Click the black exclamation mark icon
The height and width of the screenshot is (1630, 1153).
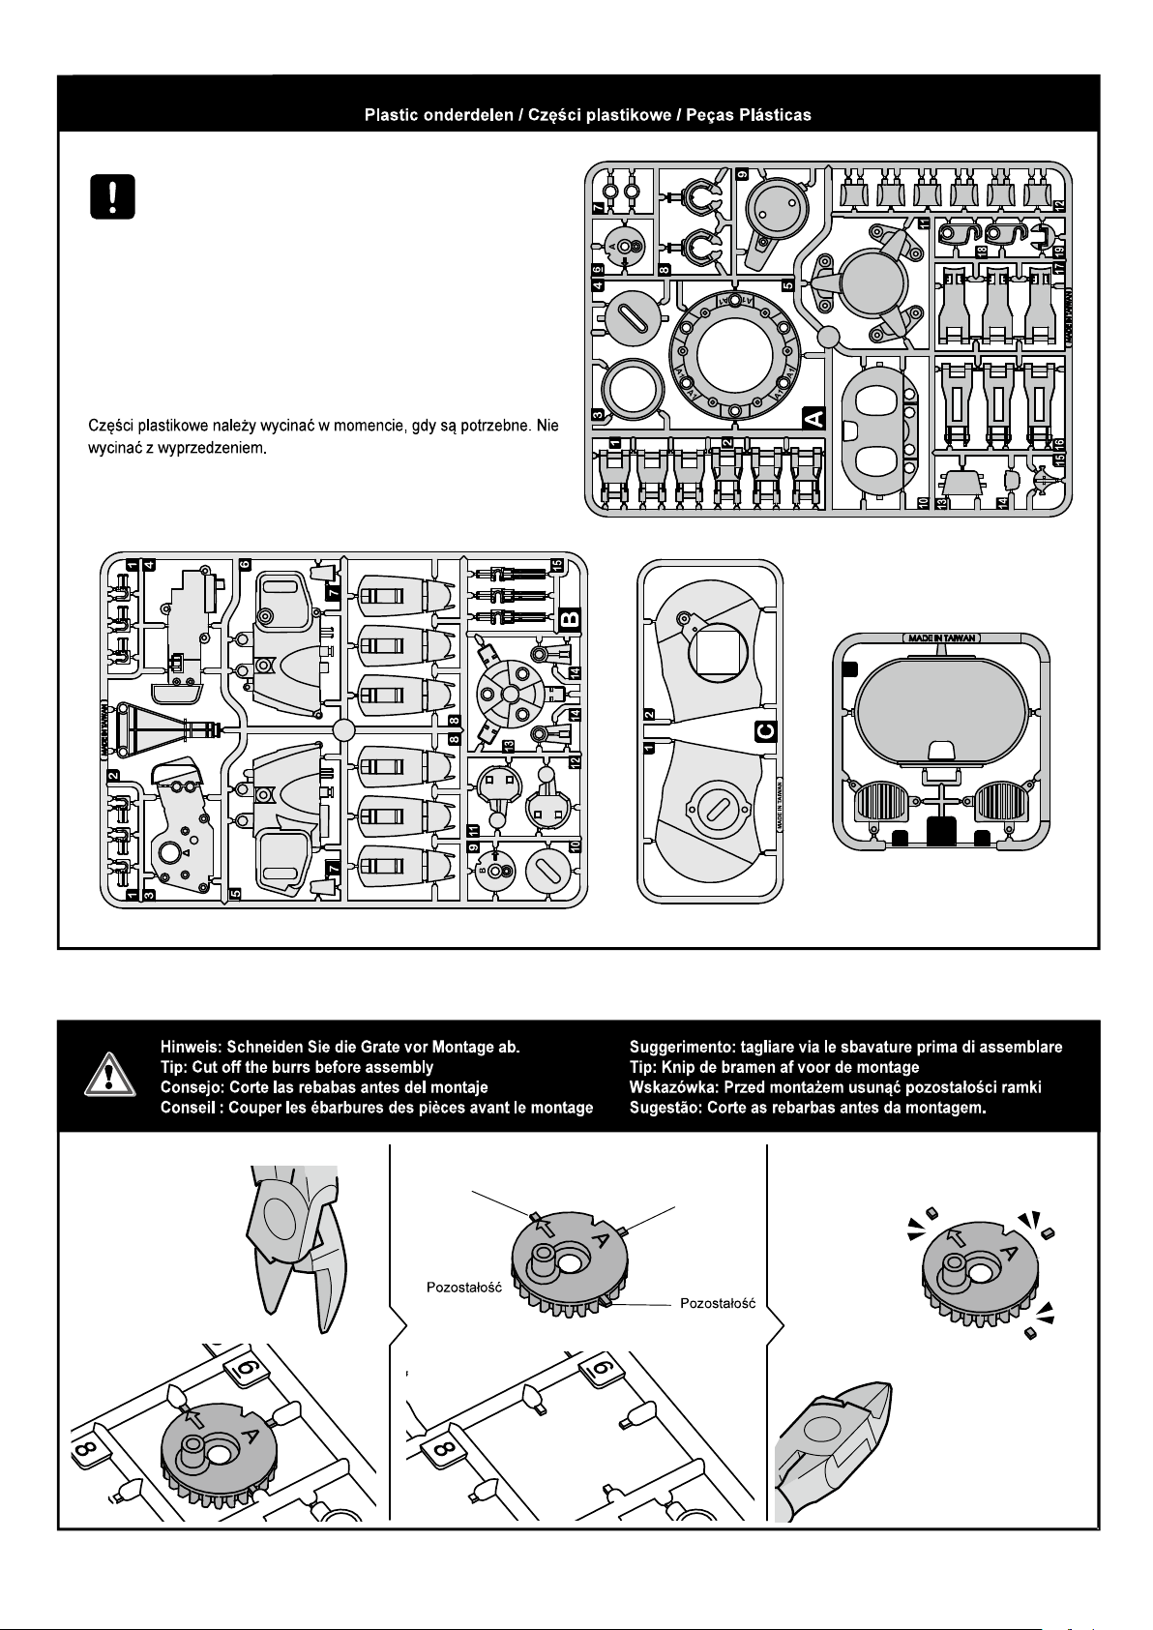pyautogui.click(x=112, y=196)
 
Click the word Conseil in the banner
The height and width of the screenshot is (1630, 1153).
pyautogui.click(x=187, y=1108)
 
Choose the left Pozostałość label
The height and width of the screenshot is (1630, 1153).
pyautogui.click(x=463, y=1288)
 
